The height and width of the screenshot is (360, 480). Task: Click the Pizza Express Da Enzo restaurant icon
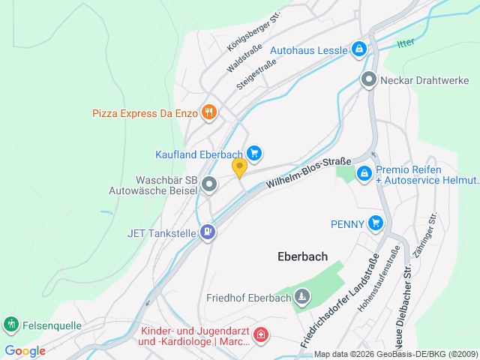click(208, 113)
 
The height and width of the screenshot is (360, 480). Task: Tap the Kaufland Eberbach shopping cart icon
click(254, 154)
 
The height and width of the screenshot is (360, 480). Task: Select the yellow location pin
click(239, 167)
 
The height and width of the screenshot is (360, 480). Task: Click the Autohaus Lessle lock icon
click(359, 50)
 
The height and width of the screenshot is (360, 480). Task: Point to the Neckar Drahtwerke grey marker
click(368, 79)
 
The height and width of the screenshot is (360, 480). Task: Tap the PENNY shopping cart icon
click(376, 223)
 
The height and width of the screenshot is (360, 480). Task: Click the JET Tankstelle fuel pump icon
click(208, 232)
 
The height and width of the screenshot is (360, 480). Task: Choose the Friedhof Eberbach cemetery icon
click(301, 298)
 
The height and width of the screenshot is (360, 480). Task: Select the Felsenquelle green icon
click(10, 324)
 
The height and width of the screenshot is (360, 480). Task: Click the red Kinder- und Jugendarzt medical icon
click(260, 334)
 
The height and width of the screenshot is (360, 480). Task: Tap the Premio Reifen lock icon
click(364, 173)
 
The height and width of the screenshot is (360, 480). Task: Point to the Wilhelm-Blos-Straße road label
click(308, 172)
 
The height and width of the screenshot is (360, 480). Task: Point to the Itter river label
click(406, 43)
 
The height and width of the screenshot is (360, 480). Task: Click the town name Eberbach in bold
click(302, 256)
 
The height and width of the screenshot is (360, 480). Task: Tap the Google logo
click(25, 350)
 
